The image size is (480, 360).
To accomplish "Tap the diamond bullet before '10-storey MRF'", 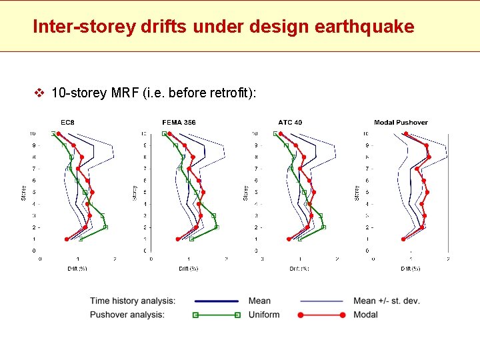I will click(39, 93).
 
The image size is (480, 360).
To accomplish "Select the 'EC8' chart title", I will click(68, 122).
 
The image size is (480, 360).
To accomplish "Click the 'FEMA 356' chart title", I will click(179, 122).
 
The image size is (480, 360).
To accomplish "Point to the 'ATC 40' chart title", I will click(290, 122).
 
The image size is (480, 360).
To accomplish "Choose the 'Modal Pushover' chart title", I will click(401, 122).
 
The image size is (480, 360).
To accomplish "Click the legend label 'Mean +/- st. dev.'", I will click(387, 301).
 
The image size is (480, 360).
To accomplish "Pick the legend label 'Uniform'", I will click(264, 315).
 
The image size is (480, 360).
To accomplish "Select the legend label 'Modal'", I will click(365, 315).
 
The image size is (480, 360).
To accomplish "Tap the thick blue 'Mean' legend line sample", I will click(215, 301).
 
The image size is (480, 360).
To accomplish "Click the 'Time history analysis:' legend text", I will click(133, 301).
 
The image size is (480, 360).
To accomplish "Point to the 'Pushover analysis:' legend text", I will click(127, 315).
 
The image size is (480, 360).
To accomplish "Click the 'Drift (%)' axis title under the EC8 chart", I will click(77, 269).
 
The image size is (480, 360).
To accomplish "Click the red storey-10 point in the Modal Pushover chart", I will click(405, 134).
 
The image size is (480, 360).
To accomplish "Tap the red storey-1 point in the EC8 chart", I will click(67, 239).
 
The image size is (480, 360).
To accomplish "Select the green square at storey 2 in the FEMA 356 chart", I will click(216, 227).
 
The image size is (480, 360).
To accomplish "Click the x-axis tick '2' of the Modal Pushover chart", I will click(447, 259).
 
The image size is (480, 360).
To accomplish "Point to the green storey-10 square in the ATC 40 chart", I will click(275, 134).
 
